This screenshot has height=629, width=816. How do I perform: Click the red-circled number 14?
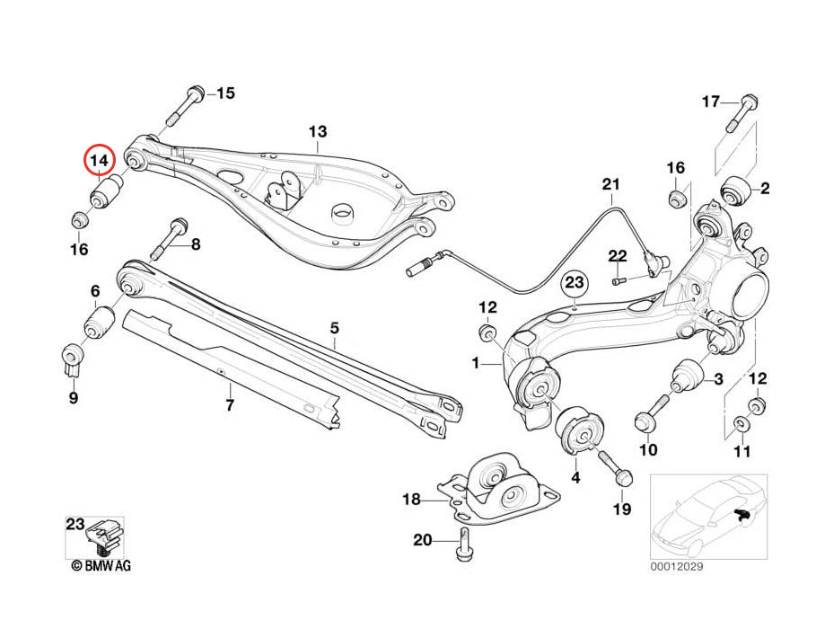pos(101,160)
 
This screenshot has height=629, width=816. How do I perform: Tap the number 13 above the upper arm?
pos(318,132)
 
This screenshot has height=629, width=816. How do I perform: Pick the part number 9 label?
pos(73,397)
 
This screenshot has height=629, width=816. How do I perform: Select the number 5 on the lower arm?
pos(334,329)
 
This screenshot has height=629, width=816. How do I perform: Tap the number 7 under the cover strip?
pos(229,405)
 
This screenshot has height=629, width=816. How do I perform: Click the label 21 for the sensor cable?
pos(611,185)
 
